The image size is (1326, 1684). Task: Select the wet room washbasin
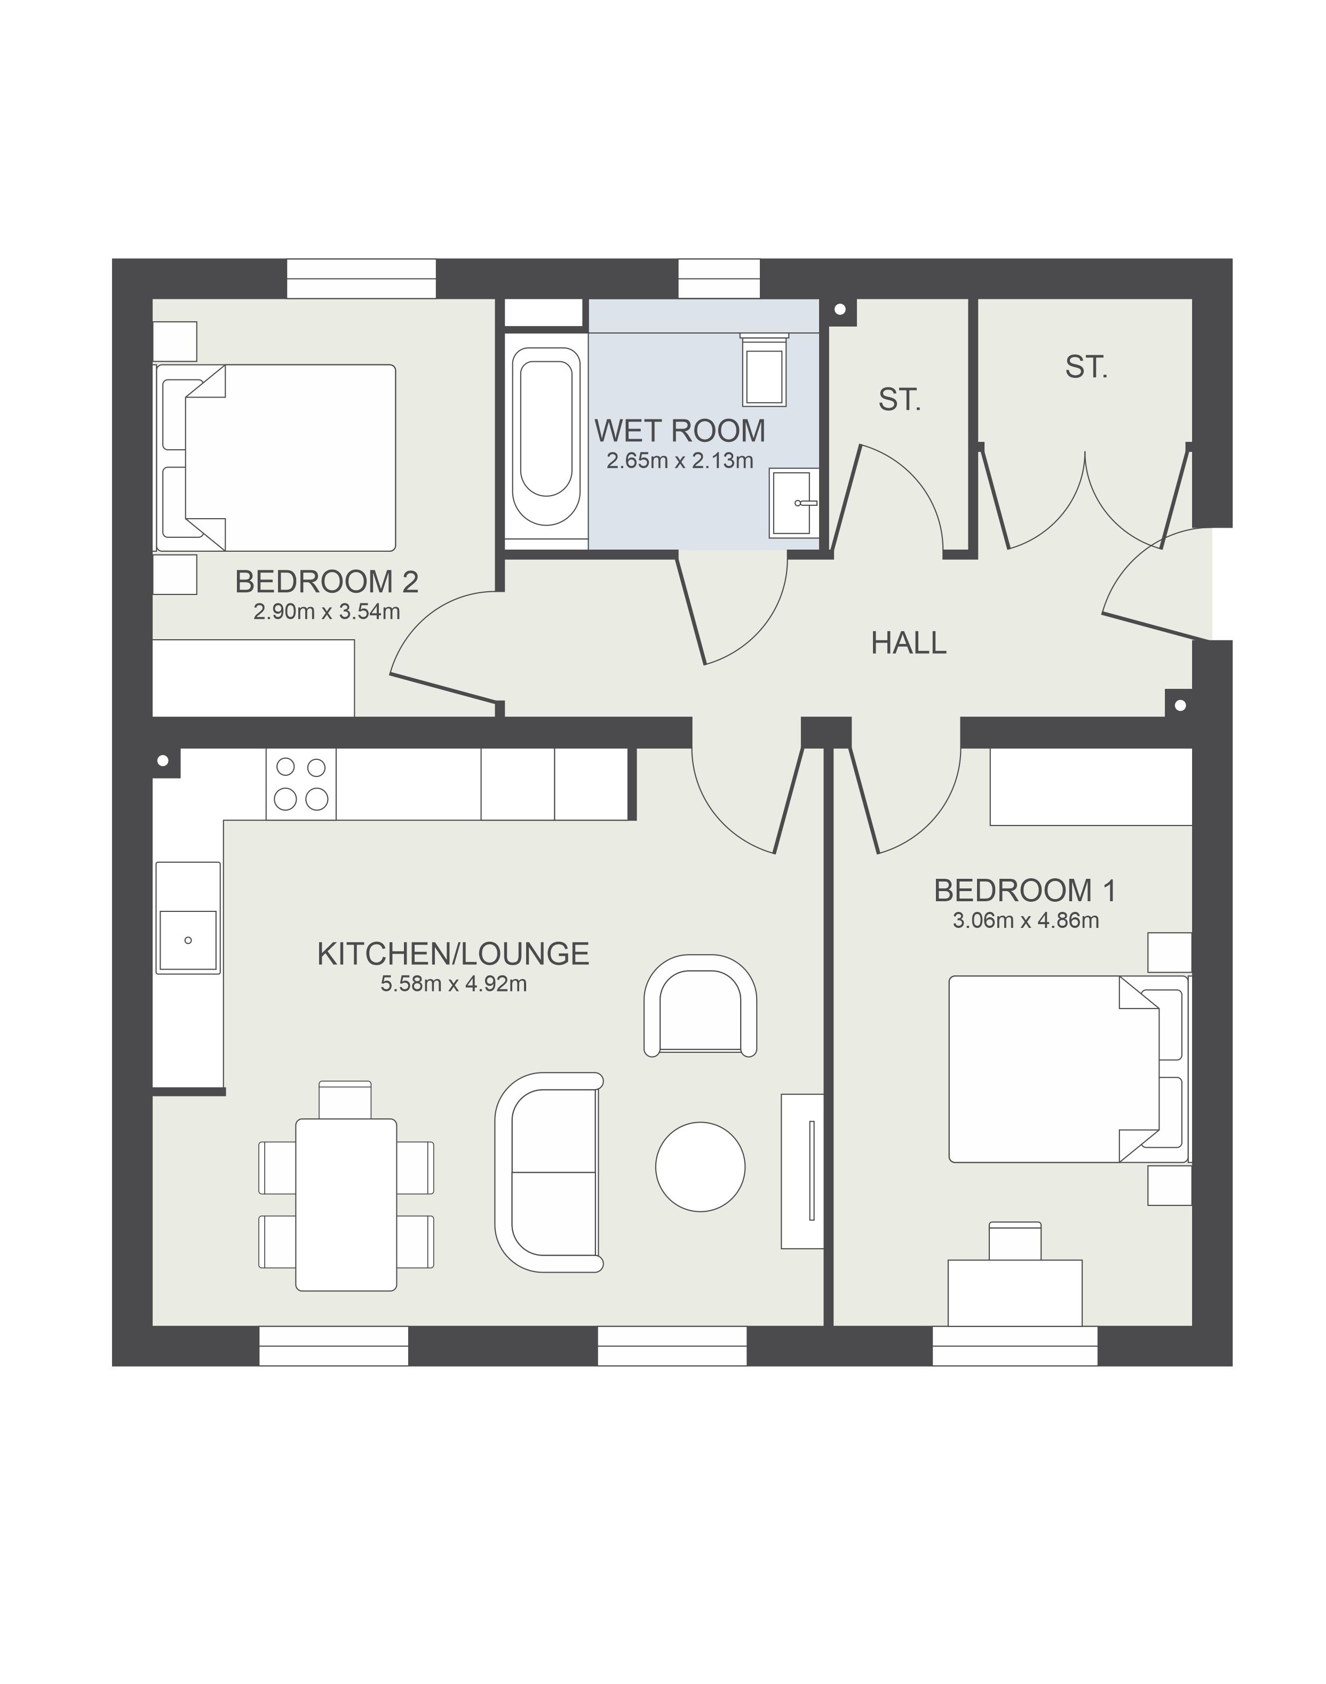(x=794, y=503)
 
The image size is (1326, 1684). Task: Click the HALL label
(x=908, y=643)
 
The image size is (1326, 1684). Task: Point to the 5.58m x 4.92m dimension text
(x=454, y=984)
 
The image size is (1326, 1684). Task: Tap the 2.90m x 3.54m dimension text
(x=327, y=612)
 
